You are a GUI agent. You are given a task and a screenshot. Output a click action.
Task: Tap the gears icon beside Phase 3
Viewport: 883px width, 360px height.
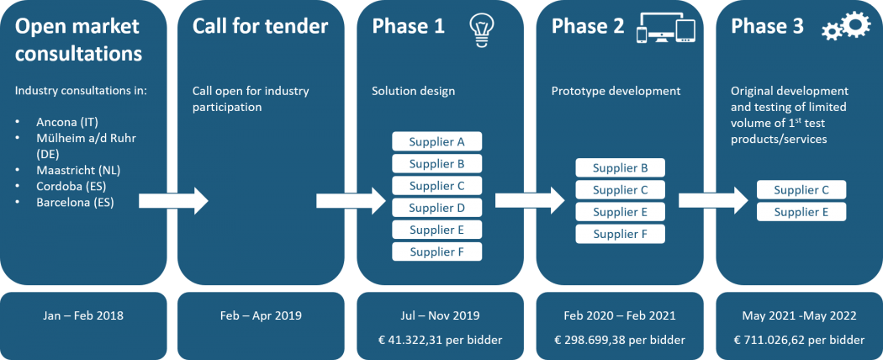coord(846,26)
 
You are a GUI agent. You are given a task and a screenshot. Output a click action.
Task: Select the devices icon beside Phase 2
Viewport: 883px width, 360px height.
coord(666,29)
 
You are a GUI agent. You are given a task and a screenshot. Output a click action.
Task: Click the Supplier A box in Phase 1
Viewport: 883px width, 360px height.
coord(437,141)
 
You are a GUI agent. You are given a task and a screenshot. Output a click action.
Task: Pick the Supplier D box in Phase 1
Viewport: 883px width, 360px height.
coord(437,207)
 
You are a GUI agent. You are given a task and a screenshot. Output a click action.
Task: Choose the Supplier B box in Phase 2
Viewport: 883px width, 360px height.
coord(620,168)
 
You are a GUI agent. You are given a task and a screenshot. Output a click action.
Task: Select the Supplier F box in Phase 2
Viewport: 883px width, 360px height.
coord(620,234)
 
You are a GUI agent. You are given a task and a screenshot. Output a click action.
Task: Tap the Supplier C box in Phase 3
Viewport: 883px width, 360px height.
coord(801,190)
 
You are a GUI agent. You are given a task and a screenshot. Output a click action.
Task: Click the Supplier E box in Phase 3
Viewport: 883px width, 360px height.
coord(801,212)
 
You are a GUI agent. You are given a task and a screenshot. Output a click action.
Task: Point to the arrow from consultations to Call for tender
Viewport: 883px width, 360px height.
coord(173,201)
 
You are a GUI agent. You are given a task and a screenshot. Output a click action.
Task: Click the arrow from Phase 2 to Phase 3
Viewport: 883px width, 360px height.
coord(713,200)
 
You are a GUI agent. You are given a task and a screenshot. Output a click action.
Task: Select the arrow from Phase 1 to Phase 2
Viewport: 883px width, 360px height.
coord(530,200)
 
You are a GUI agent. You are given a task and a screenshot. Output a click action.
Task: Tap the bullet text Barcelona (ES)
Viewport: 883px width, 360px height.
coord(75,202)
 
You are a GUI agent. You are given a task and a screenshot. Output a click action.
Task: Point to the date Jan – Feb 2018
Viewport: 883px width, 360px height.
coord(83,315)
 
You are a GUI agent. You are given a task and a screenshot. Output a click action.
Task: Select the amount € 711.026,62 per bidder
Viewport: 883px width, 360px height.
coord(799,340)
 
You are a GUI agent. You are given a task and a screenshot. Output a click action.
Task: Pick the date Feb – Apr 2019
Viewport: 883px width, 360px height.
coord(261,315)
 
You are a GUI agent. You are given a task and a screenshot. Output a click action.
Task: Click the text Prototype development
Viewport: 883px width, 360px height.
coord(616,91)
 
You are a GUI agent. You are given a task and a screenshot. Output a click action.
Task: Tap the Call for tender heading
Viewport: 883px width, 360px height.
coord(260,26)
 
